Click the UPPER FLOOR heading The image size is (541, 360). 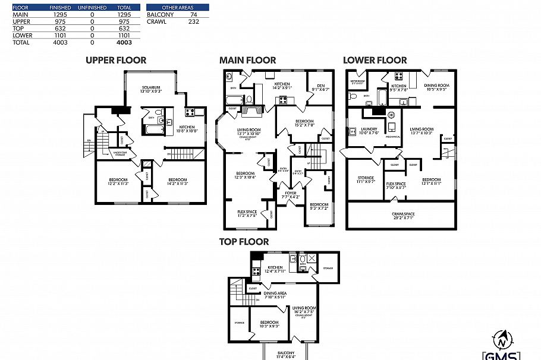[x=115, y=60]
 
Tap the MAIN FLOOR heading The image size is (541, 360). [x=247, y=60]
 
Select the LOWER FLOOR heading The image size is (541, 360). [x=375, y=60]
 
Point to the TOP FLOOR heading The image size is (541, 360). [x=244, y=242]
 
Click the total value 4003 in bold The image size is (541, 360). [x=124, y=43]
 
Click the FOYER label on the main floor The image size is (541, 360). [x=291, y=192]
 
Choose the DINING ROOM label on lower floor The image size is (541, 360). [x=435, y=86]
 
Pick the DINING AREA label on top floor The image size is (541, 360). [x=275, y=293]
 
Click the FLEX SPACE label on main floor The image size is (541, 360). [x=247, y=211]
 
